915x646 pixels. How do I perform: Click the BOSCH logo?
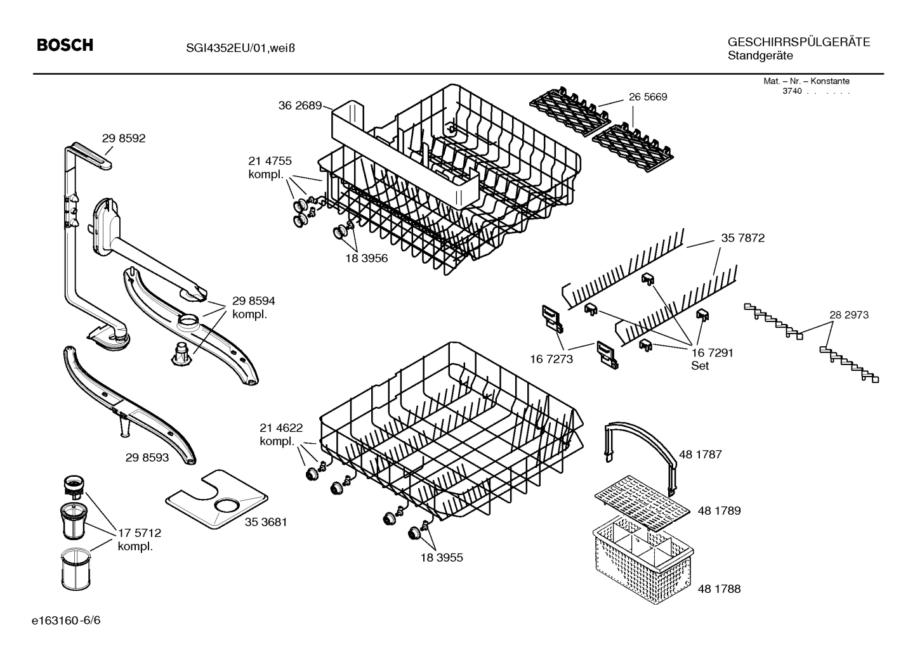point(65,45)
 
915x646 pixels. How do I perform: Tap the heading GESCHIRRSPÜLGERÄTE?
point(798,42)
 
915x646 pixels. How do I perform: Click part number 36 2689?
point(300,106)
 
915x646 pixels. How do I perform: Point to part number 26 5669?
point(648,97)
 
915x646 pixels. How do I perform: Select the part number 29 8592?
point(123,138)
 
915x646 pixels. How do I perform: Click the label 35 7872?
point(742,238)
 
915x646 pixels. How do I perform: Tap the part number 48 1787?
point(700,455)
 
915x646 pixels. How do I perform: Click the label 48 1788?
point(719,589)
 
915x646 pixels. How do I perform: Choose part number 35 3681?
point(266,522)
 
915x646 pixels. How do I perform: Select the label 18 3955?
point(441,558)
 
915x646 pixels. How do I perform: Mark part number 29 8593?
point(147,456)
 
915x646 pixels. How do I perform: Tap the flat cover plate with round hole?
point(216,500)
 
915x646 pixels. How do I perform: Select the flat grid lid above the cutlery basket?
point(642,503)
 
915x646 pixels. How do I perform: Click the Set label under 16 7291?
point(699,366)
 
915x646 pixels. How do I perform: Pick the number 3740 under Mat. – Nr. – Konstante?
point(792,91)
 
